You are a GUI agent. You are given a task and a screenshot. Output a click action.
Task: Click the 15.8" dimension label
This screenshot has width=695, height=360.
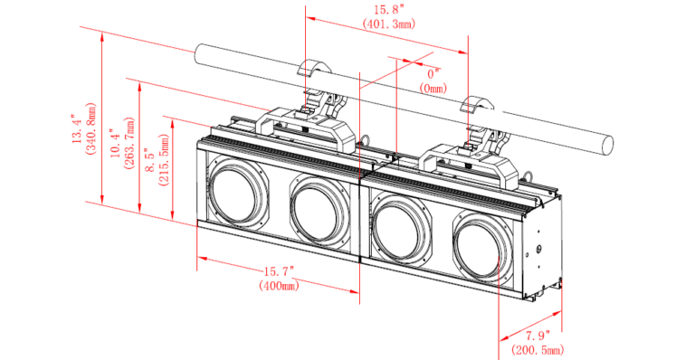(389, 10)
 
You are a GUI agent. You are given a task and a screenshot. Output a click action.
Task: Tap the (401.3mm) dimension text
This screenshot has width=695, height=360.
(389, 24)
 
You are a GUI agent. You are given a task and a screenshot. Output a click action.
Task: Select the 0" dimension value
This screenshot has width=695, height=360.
(433, 73)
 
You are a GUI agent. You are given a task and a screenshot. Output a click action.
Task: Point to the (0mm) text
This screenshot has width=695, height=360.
(433, 88)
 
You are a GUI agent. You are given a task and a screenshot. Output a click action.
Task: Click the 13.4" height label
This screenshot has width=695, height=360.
(77, 128)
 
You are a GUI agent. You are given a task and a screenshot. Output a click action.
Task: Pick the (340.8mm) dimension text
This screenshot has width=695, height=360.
(91, 128)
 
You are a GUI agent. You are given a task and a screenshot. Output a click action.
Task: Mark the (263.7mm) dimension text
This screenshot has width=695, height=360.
(129, 144)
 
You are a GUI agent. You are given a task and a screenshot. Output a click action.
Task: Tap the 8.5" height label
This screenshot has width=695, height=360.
(150, 160)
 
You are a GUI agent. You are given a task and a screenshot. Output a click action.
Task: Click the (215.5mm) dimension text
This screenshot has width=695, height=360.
(164, 160)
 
